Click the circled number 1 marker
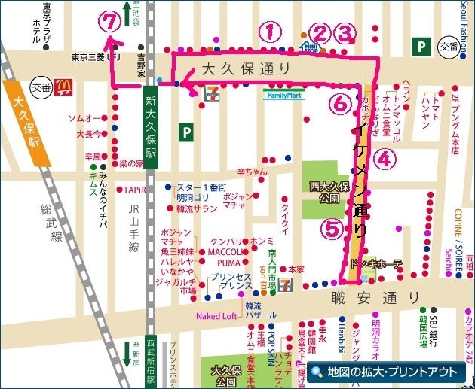point(270,32)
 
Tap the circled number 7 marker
point(112,23)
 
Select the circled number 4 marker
point(385,159)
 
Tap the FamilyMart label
point(283,96)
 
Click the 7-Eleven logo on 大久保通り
point(212,92)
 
